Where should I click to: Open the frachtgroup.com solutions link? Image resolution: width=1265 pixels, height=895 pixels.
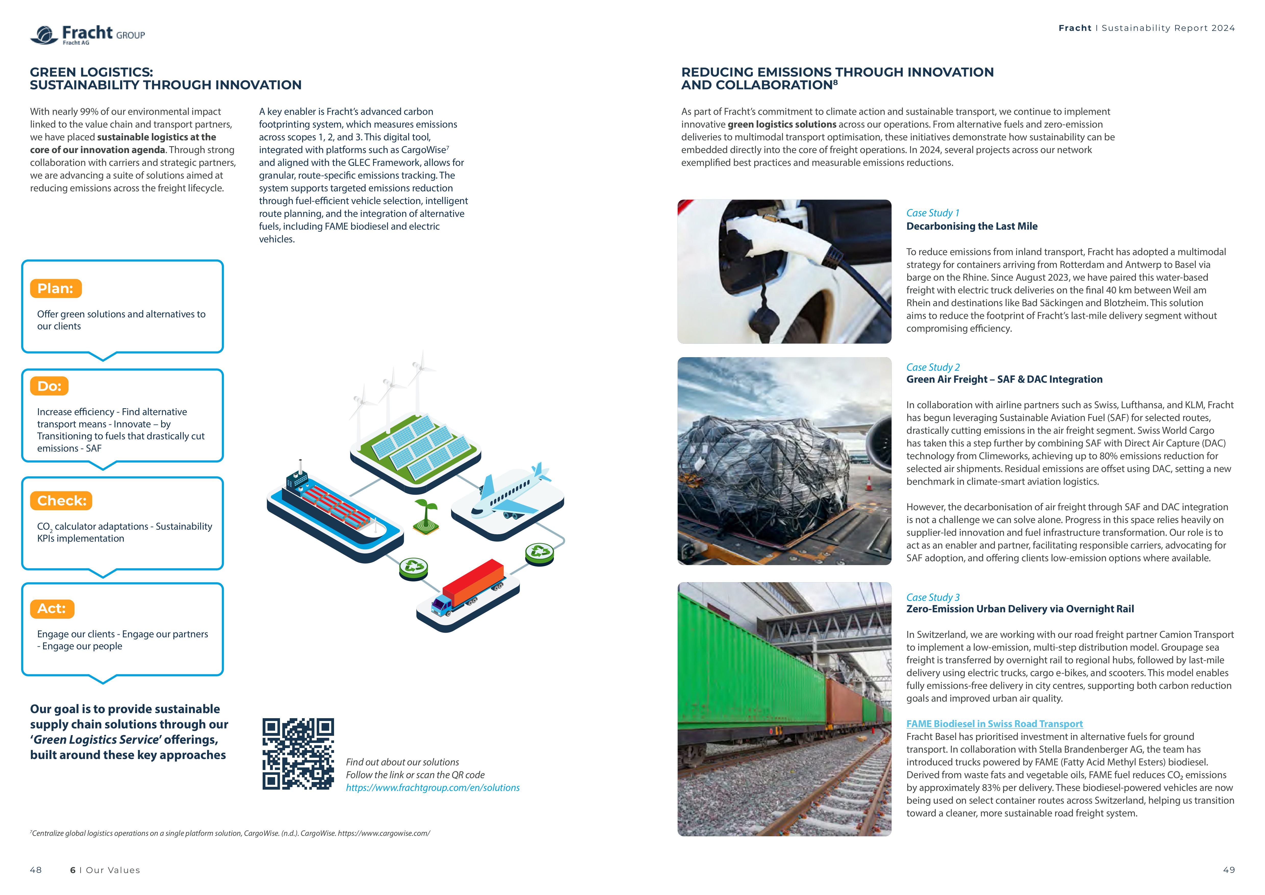(432, 788)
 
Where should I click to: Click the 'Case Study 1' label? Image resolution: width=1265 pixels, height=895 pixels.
(932, 213)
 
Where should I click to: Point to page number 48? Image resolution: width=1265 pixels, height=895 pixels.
(36, 870)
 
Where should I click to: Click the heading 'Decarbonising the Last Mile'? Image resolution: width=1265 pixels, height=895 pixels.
(971, 226)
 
